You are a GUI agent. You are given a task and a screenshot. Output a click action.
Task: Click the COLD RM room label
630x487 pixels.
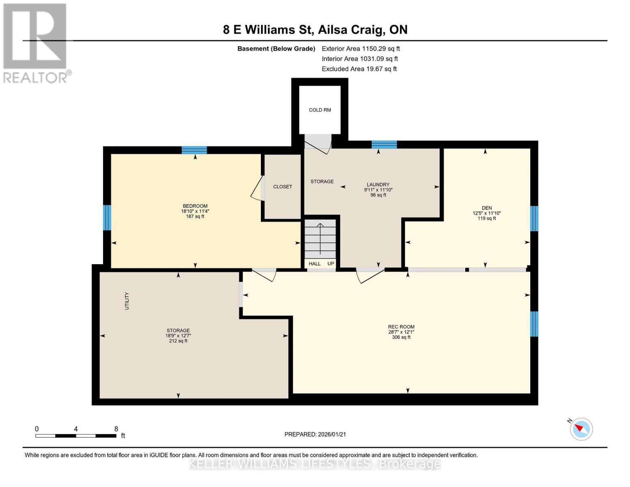click(x=320, y=110)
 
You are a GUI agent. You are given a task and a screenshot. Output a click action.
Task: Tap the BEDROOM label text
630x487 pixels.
click(x=195, y=206)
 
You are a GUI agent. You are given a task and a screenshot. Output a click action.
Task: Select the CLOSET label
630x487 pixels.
click(x=282, y=187)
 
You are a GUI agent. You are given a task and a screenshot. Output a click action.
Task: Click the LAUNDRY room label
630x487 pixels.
click(x=378, y=185)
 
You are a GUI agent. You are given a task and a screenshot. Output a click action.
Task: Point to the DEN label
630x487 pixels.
click(x=486, y=208)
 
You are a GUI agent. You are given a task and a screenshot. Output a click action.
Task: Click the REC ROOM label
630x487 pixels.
click(x=401, y=327)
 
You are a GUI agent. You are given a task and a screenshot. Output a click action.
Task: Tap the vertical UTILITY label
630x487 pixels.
click(x=127, y=301)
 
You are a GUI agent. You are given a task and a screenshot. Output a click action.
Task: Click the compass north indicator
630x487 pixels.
click(x=581, y=429)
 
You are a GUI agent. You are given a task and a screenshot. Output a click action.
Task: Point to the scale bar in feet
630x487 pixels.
click(x=76, y=435)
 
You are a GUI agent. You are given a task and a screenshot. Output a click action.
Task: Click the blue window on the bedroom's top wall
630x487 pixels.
click(x=194, y=150)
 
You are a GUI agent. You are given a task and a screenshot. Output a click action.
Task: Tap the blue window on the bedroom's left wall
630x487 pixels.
click(x=107, y=218)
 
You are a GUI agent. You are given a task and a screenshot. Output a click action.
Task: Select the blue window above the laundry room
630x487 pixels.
click(x=384, y=144)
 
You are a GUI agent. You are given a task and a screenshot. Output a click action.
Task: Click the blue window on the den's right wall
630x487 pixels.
click(x=534, y=218)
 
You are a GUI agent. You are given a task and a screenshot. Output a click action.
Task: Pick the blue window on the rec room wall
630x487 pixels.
click(x=534, y=324)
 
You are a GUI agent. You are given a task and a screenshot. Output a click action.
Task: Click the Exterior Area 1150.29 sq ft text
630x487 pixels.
click(x=361, y=49)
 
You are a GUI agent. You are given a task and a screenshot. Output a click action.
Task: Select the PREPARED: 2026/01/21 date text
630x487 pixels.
click(x=315, y=434)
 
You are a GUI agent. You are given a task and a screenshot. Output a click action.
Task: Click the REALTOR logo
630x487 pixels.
click(x=36, y=43)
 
